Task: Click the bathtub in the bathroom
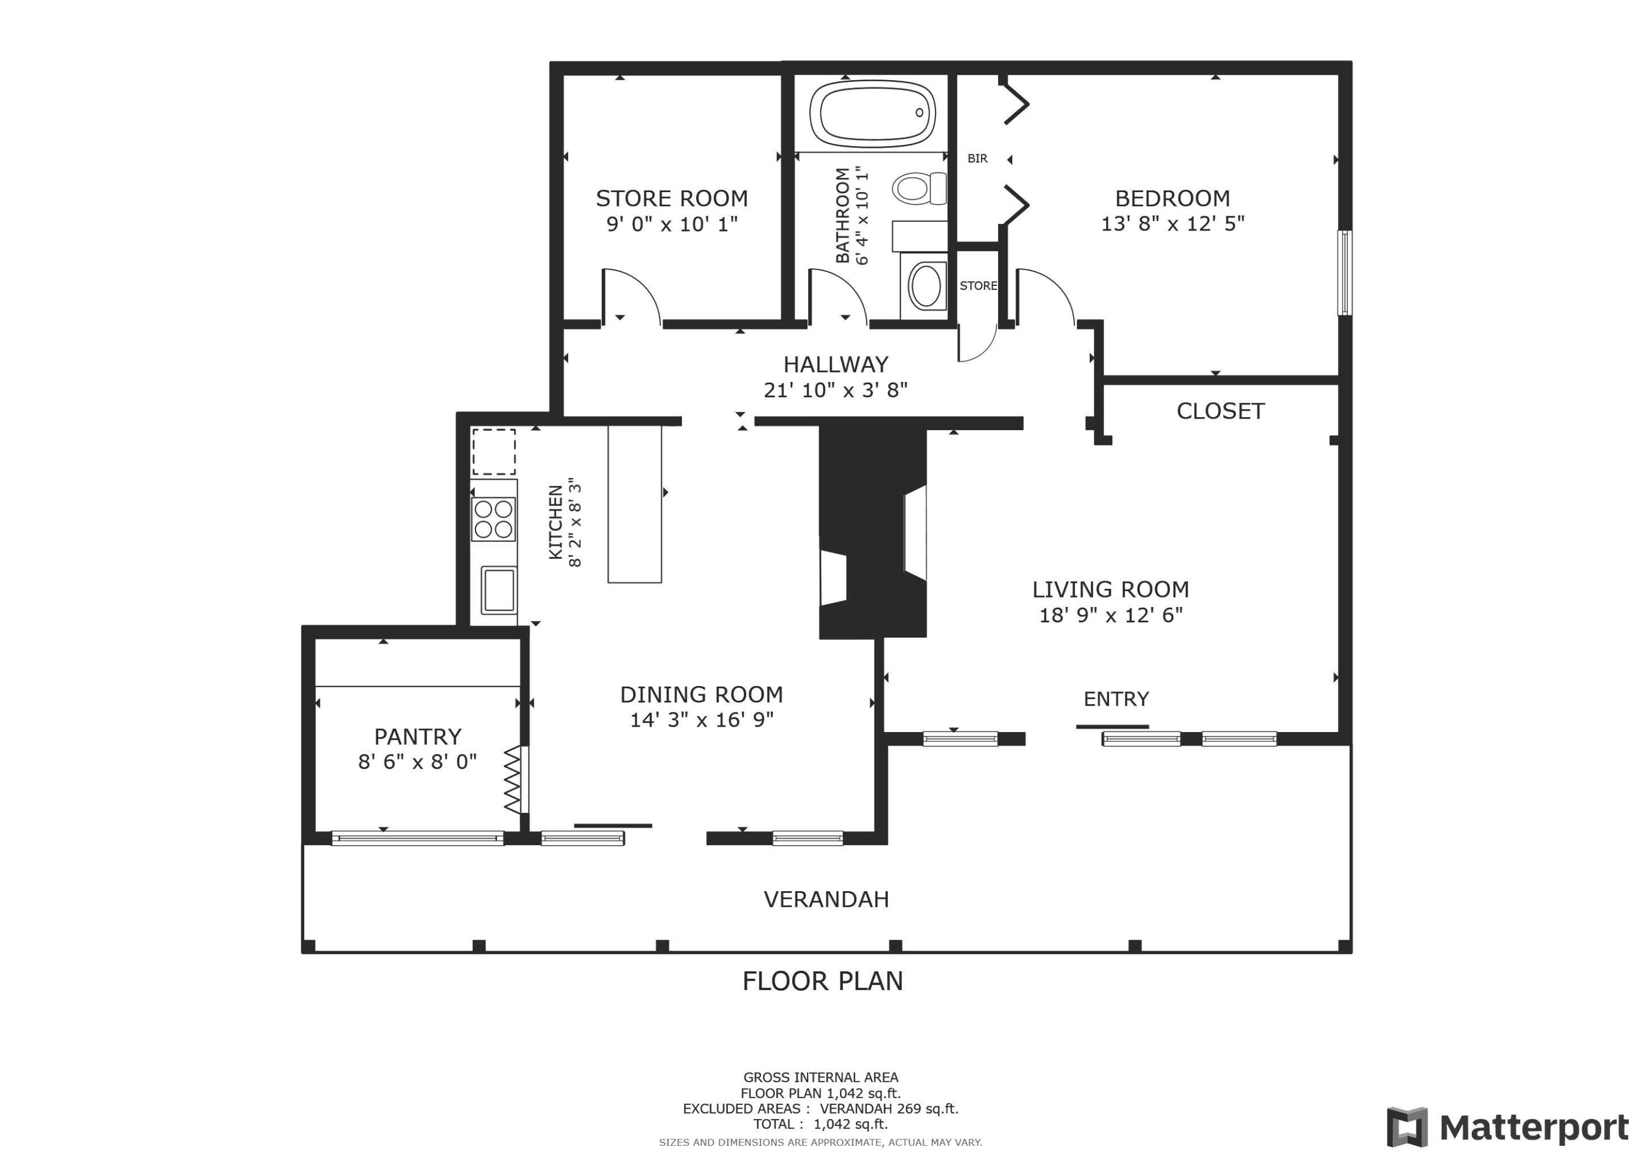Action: point(872,113)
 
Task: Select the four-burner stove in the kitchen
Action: point(494,519)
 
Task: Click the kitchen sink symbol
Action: point(498,589)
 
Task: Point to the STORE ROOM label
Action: point(671,198)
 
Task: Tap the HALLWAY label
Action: point(836,364)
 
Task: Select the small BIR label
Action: point(977,159)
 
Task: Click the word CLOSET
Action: point(1220,411)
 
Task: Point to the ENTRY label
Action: point(1116,699)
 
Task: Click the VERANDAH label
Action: point(826,899)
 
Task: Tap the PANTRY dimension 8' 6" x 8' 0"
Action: point(417,762)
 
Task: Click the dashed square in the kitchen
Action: point(494,452)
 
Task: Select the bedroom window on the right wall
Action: point(1346,273)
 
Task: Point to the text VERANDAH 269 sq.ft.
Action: point(889,1109)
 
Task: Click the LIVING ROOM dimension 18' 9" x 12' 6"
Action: point(1111,615)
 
